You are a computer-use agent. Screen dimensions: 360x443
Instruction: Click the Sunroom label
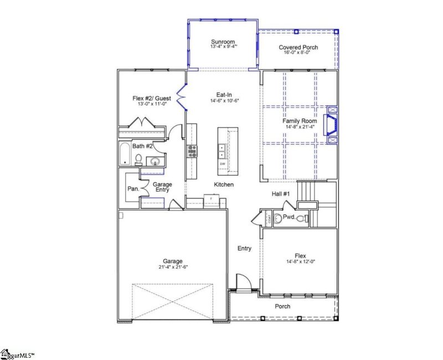click(223, 42)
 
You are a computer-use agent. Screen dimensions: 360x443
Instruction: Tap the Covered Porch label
click(298, 48)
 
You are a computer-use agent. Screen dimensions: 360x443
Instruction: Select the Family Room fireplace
click(332, 125)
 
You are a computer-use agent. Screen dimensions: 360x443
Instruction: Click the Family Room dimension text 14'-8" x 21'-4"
click(300, 127)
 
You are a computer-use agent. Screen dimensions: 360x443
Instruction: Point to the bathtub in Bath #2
click(125, 154)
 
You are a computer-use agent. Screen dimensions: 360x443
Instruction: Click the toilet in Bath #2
click(138, 161)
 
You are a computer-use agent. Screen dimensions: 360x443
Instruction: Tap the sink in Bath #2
click(154, 162)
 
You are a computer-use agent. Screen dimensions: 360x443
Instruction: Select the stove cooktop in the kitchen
click(192, 151)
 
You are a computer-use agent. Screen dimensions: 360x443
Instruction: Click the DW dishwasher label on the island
click(223, 164)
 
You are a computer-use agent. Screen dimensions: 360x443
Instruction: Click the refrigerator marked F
click(212, 199)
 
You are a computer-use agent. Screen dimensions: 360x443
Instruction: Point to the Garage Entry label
click(162, 187)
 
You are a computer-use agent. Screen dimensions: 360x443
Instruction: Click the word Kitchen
click(224, 184)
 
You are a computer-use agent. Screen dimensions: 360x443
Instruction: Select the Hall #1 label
click(281, 193)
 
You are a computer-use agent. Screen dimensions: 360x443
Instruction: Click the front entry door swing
click(243, 282)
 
